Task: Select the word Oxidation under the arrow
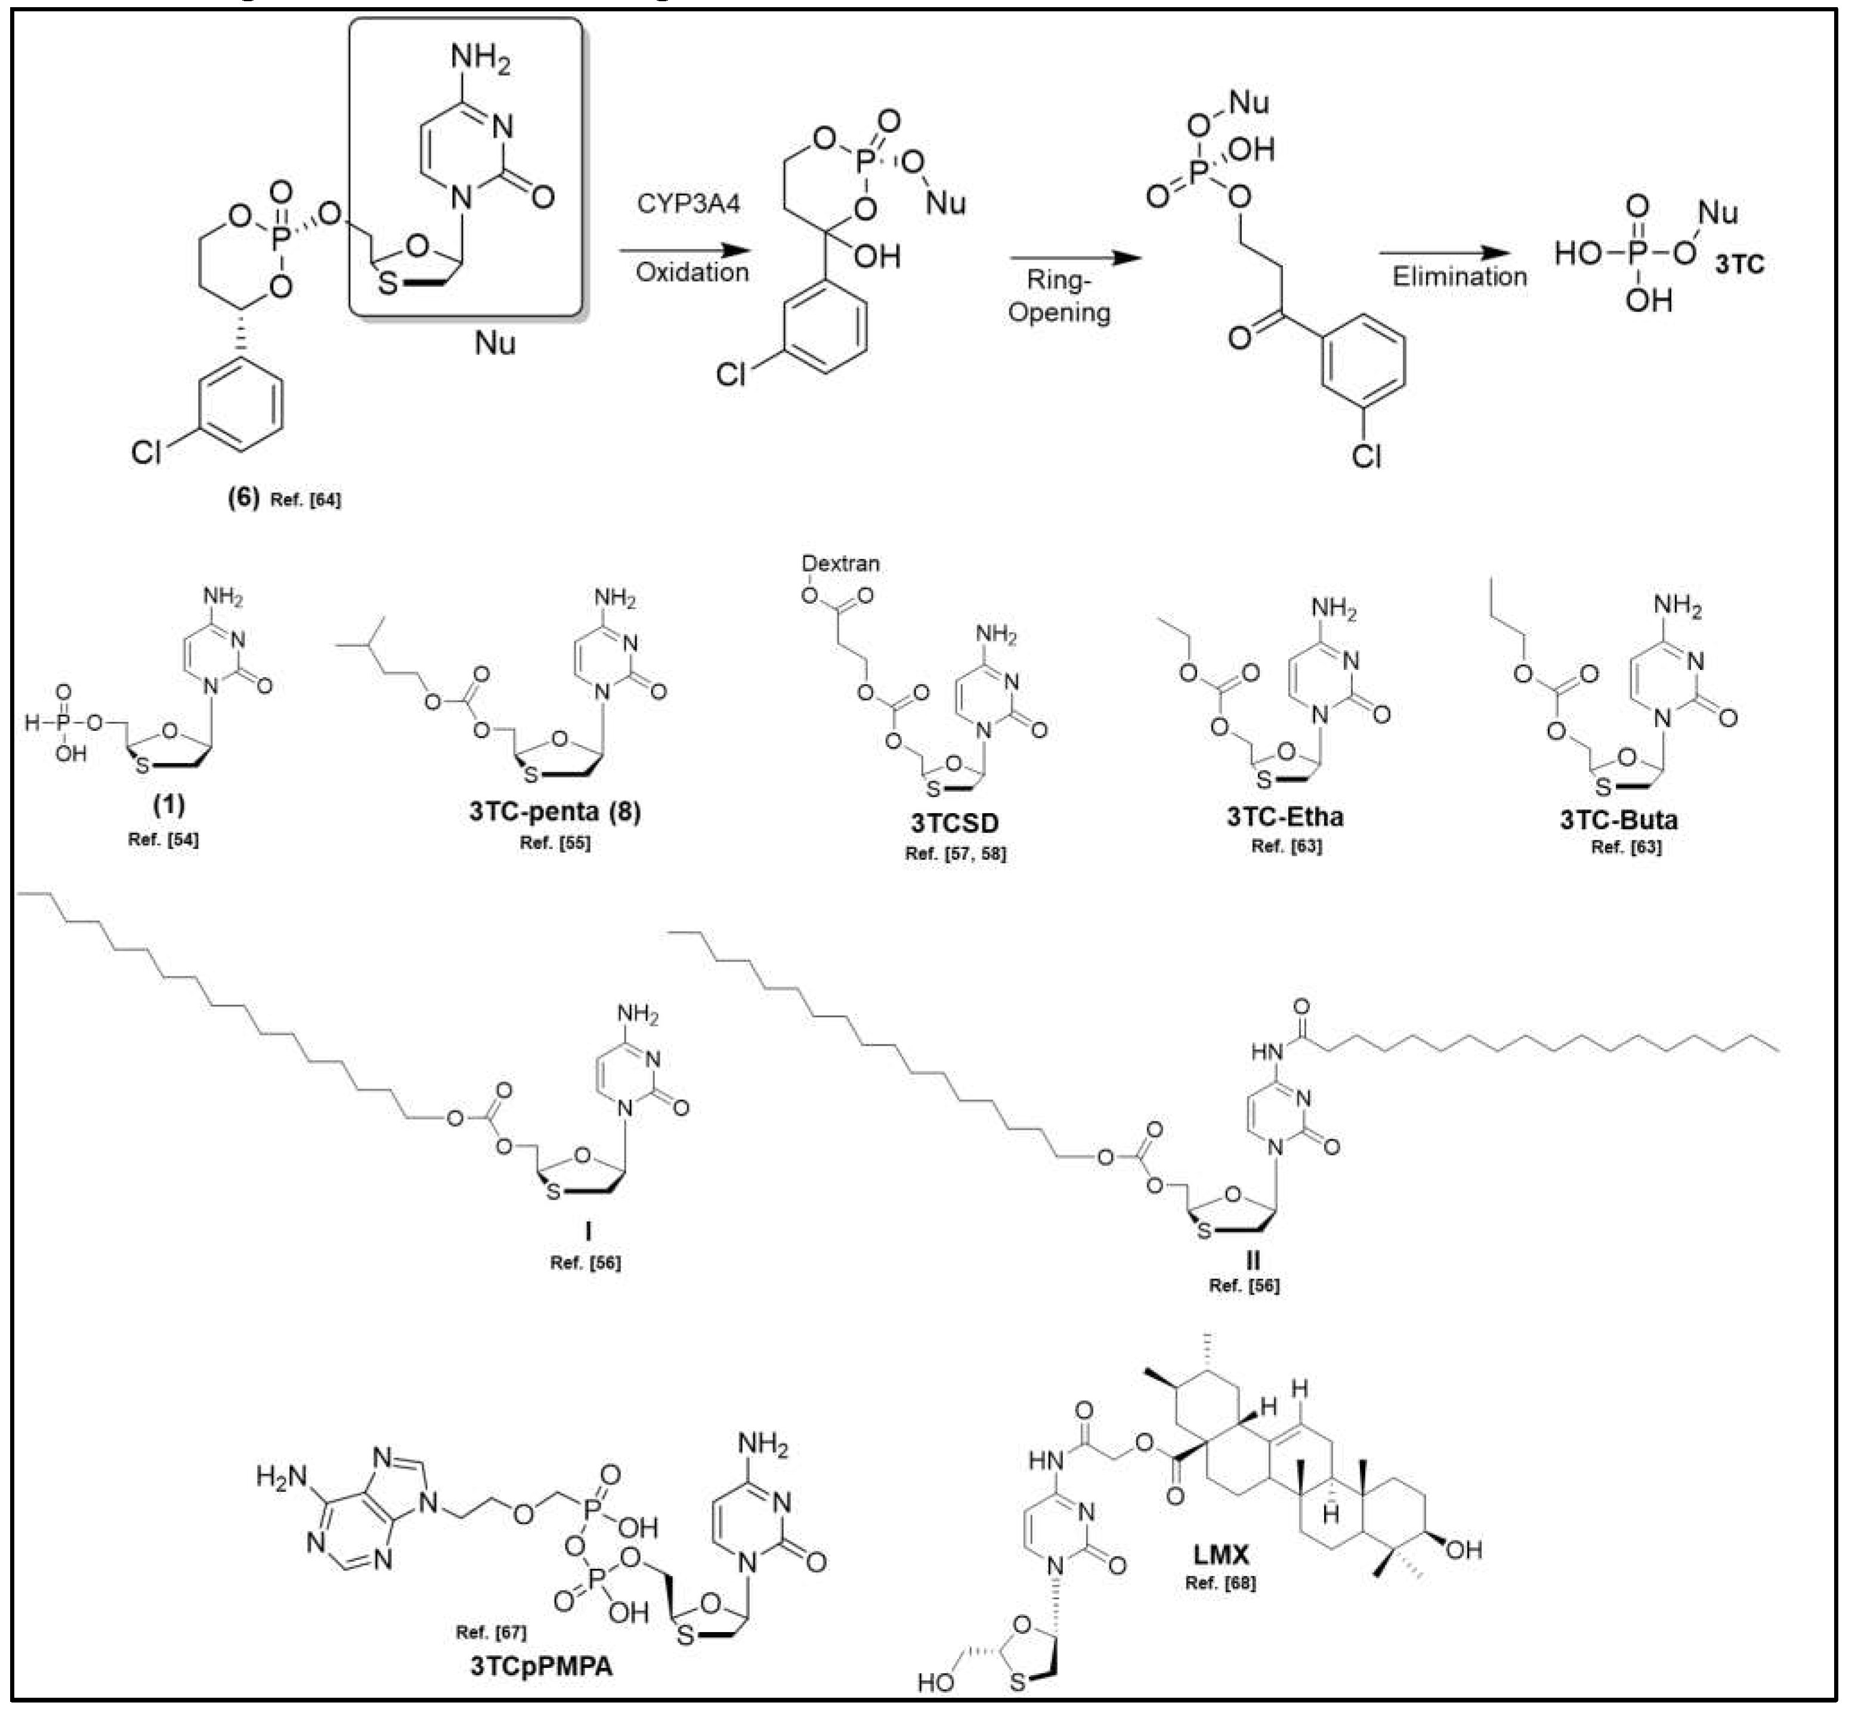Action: (x=692, y=272)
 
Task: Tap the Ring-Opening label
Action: (x=1059, y=296)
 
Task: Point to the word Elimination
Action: (x=1460, y=277)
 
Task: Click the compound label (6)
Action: (x=244, y=498)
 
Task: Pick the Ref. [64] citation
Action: (x=305, y=500)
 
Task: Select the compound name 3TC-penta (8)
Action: (x=555, y=811)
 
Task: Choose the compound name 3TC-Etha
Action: (x=1285, y=817)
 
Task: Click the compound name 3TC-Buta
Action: (x=1619, y=820)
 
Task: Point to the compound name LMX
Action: (x=1221, y=1555)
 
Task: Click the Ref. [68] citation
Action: (x=1220, y=1582)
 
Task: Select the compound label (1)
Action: (x=169, y=805)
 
